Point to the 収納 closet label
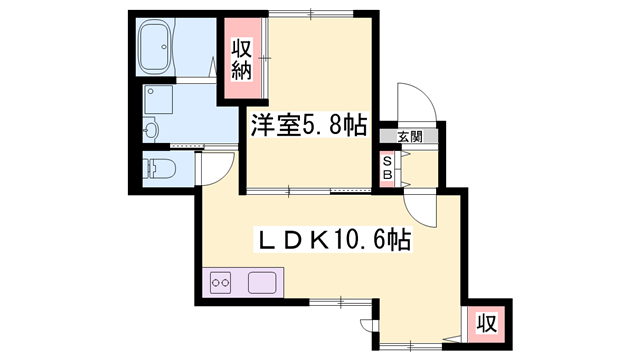(x=243, y=59)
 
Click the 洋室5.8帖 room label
(x=307, y=126)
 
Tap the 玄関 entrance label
(x=409, y=136)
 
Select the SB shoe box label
(x=387, y=167)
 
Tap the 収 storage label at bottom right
(x=487, y=324)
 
